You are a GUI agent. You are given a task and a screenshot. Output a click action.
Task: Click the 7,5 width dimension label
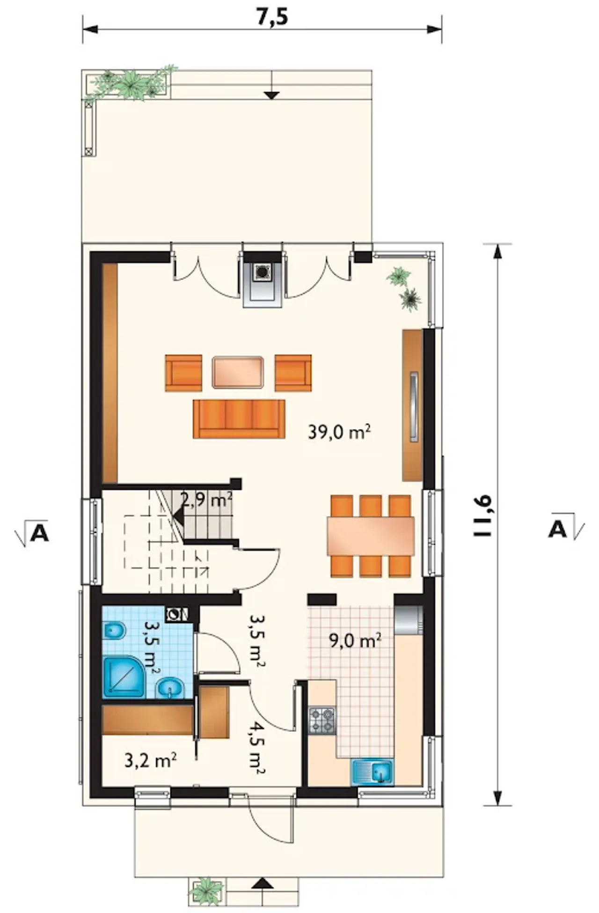272,17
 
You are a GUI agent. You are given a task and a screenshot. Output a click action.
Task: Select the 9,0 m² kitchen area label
354,640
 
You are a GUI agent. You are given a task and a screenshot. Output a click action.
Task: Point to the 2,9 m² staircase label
206,501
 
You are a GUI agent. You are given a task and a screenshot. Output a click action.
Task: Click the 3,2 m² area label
150,761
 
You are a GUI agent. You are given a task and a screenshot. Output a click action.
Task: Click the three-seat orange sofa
239,419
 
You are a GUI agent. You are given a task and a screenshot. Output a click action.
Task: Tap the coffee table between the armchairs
238,372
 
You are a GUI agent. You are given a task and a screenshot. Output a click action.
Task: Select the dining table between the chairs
371,536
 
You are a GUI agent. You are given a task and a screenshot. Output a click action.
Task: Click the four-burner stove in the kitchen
322,720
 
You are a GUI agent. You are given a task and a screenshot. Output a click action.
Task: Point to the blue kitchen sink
373,771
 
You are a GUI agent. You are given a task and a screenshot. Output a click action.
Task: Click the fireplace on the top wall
262,280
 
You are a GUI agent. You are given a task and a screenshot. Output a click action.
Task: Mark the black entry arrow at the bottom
263,883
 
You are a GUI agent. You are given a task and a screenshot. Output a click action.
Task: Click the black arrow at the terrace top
271,95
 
